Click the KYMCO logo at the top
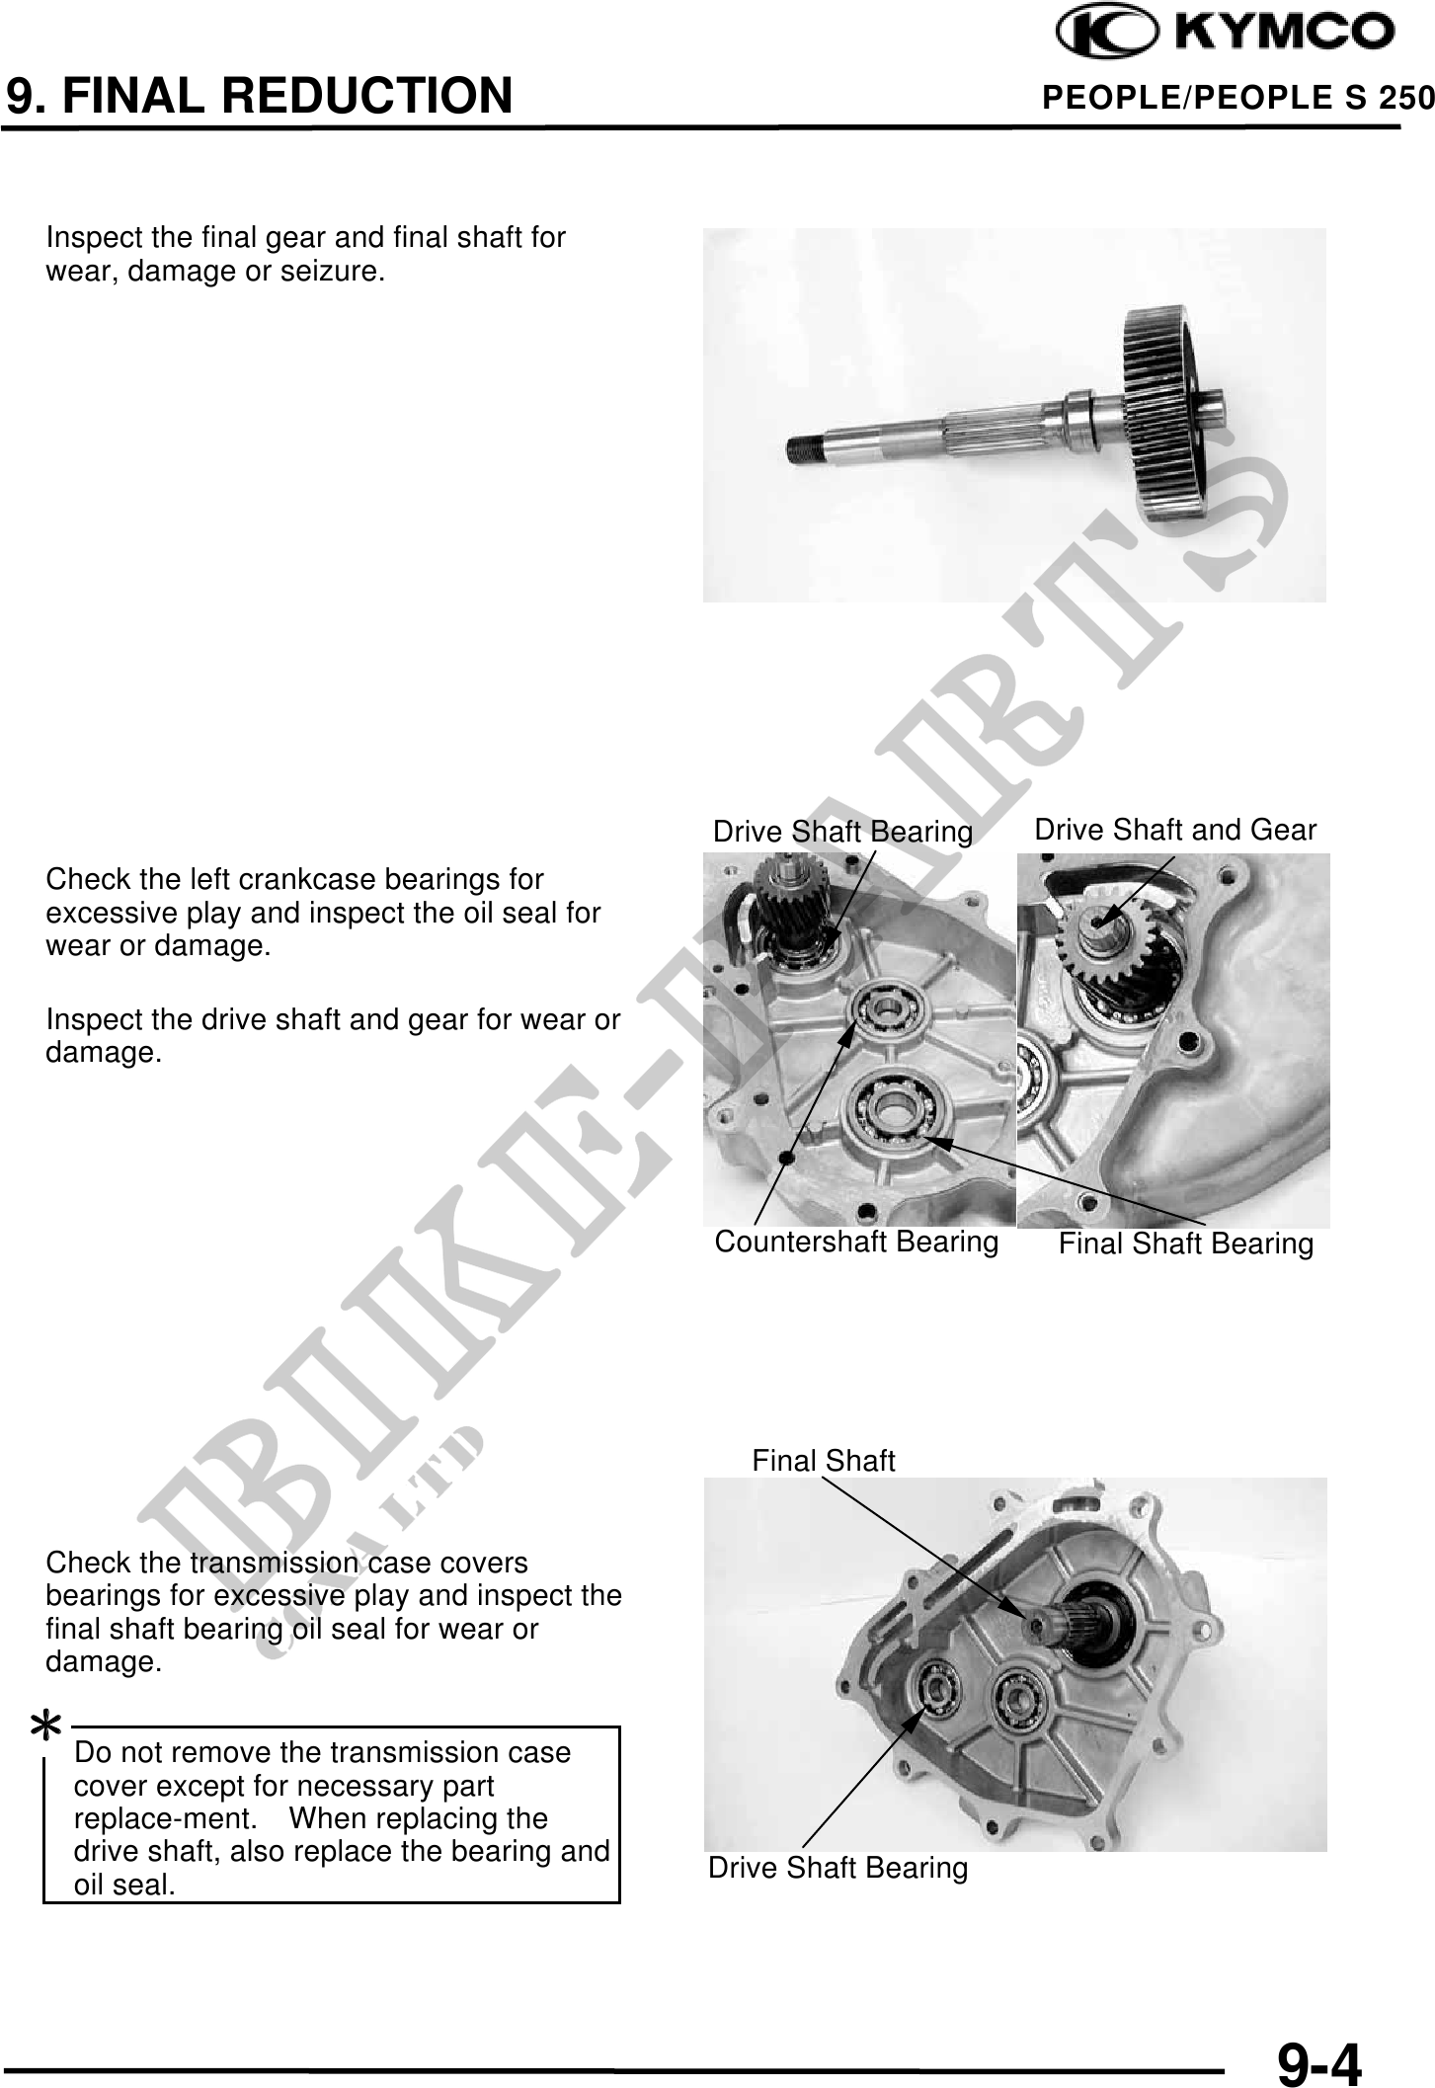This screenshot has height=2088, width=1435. point(1226,35)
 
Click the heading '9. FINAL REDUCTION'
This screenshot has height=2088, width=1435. point(260,96)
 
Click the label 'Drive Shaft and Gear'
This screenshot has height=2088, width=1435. point(1175,831)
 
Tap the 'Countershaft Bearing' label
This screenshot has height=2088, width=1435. point(856,1242)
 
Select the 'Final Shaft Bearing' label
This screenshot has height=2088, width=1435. point(1186,1244)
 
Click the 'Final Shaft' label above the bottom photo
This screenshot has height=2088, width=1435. point(824,1460)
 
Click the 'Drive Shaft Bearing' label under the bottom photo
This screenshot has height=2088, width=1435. point(838,1868)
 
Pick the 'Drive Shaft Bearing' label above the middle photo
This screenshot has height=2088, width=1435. point(843,833)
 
